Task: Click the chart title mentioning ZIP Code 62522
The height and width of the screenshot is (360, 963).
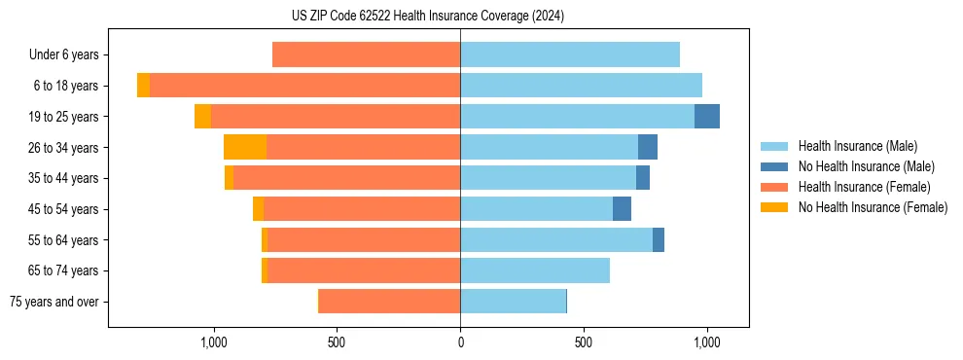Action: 427,17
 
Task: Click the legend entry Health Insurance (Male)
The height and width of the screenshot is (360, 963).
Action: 857,146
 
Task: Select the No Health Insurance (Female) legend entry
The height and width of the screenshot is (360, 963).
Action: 873,207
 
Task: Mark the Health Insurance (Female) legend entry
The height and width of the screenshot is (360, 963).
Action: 864,187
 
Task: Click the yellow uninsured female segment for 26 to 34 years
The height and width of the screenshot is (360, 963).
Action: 245,147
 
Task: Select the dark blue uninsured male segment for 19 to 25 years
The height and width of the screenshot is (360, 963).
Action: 707,116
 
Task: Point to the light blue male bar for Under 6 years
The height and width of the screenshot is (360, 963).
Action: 570,54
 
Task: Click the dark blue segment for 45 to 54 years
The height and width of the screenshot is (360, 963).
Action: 622,209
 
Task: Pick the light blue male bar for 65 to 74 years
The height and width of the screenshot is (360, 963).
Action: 535,270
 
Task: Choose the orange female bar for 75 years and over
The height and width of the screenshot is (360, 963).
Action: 389,302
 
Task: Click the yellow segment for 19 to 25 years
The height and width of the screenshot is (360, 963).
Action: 202,116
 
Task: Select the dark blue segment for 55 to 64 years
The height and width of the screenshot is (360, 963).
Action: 659,239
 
